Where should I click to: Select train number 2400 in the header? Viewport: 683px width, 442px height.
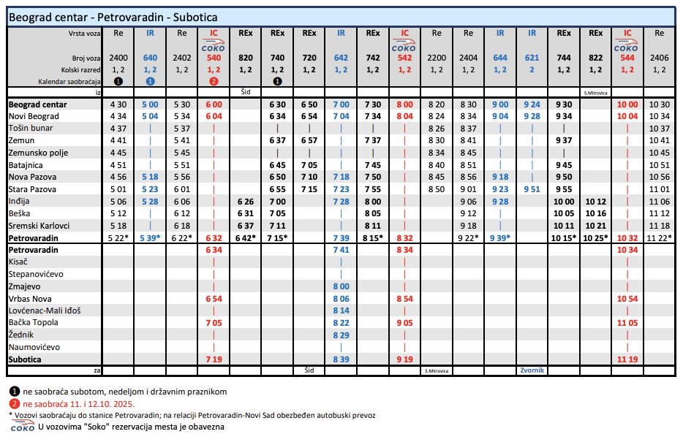point(118,57)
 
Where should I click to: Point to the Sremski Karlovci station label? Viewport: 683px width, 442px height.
point(39,226)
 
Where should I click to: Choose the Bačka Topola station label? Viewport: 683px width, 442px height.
point(32,323)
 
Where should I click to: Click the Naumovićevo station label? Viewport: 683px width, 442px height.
point(34,347)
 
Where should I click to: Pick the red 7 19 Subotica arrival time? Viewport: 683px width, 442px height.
point(214,359)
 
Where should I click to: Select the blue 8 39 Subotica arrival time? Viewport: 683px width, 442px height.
point(341,359)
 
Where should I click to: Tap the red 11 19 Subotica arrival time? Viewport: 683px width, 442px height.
point(627,359)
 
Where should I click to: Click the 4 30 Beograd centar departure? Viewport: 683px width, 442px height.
point(118,104)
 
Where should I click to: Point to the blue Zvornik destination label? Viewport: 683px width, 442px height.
point(532,370)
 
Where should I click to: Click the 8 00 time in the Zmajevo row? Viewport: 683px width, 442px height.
point(341,286)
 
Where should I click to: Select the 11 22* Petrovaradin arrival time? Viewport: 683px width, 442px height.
point(660,238)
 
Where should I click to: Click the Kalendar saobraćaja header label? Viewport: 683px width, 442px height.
point(69,81)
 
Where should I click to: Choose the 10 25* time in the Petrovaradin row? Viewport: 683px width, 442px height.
point(596,238)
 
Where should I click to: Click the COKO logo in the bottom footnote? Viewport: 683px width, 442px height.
point(23,427)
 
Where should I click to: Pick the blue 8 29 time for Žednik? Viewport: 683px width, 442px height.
point(341,335)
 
